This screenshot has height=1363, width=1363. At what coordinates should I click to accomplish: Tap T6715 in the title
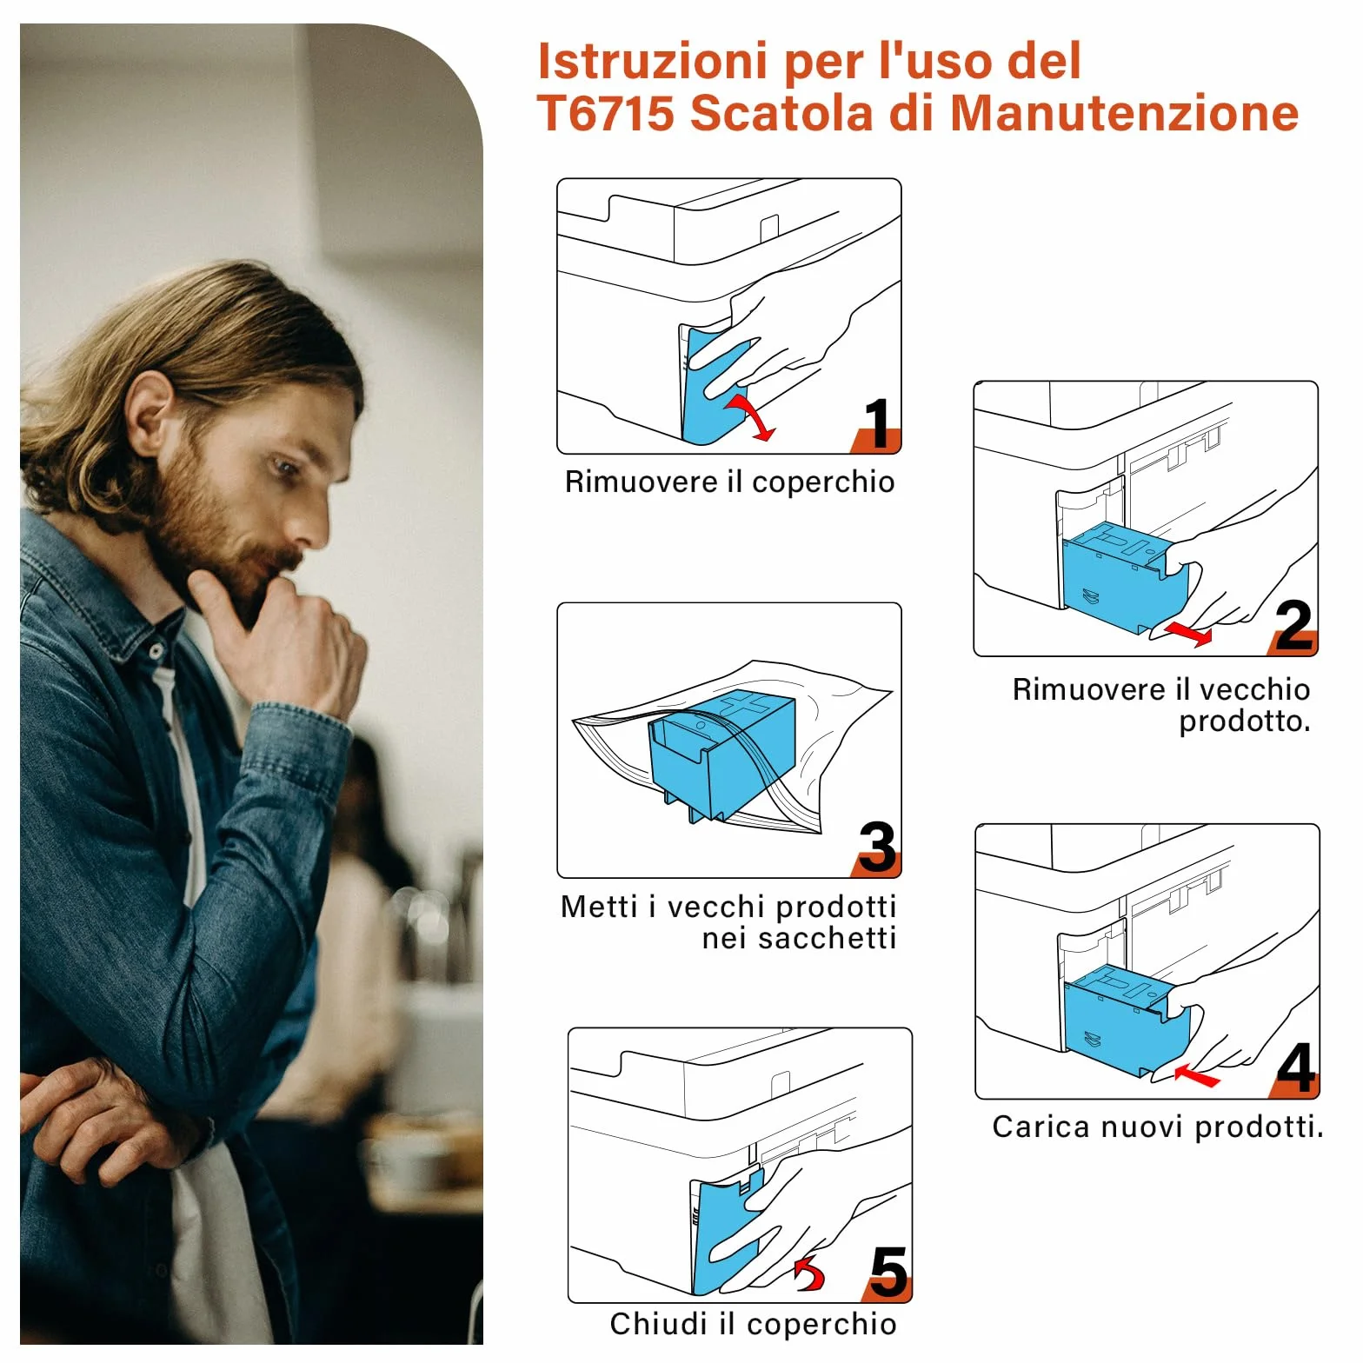click(x=606, y=114)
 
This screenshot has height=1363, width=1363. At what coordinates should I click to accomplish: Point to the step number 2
click(x=1294, y=626)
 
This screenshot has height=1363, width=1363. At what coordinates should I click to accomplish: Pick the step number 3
click(x=877, y=848)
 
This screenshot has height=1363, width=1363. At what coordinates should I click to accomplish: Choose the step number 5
click(x=888, y=1273)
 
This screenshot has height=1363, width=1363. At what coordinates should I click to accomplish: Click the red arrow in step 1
click(x=752, y=417)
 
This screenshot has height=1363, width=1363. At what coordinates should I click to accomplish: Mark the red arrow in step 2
click(x=1187, y=632)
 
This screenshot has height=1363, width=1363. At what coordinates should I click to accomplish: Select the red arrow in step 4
click(x=1197, y=1076)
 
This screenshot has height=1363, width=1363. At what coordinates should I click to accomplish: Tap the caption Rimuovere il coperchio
click(x=729, y=482)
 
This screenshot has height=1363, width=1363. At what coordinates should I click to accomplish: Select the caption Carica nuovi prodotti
click(x=1158, y=1127)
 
